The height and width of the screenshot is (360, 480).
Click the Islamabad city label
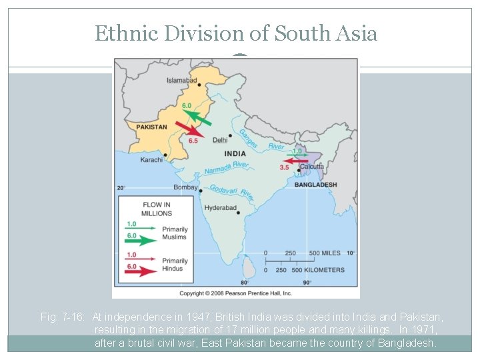point(182,81)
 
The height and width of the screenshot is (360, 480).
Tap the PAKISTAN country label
point(151,127)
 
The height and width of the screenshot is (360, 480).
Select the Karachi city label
point(151,160)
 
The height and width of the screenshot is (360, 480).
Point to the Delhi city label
point(220,140)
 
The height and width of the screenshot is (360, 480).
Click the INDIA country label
point(235,153)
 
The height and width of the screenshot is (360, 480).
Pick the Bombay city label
point(185,187)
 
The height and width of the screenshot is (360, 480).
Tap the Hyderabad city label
point(221,208)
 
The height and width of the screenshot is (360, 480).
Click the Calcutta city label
point(311,167)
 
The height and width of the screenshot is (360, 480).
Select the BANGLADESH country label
point(315,185)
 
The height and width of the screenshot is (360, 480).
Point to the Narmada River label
point(227,167)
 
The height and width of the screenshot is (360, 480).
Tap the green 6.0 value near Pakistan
point(187,106)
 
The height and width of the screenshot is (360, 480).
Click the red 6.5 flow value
point(193,141)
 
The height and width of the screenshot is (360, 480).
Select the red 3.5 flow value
point(284,167)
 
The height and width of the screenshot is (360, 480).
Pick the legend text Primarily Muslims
point(175,233)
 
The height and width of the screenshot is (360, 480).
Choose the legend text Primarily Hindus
point(175,265)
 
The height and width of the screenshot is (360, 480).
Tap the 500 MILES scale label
point(323,253)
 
